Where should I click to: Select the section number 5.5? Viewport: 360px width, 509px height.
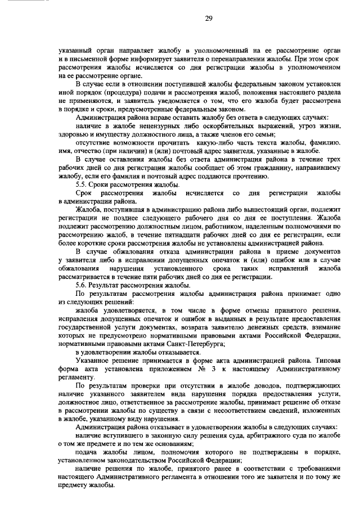click(82, 185)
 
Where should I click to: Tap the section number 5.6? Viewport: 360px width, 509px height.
click(82, 286)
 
